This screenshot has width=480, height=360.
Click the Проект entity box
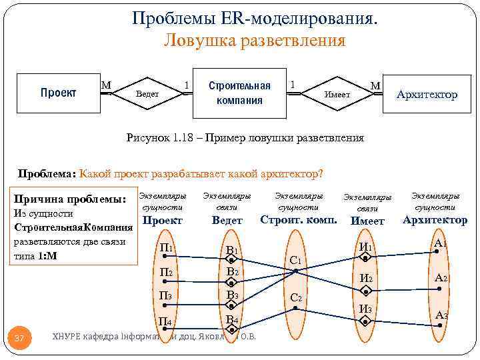pyautogui.click(x=59, y=93)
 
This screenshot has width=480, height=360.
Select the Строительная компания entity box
pyautogui.click(x=239, y=93)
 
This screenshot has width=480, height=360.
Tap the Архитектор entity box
pyautogui.click(x=427, y=95)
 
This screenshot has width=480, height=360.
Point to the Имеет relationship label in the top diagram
pyautogui.click(x=337, y=95)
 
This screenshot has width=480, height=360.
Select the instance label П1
pyautogui.click(x=167, y=249)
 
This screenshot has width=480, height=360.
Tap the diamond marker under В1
pyautogui.click(x=232, y=260)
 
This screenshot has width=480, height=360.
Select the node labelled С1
pyautogui.click(x=297, y=259)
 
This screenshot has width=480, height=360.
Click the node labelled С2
pyautogui.click(x=297, y=297)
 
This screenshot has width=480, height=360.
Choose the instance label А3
pyautogui.click(x=441, y=315)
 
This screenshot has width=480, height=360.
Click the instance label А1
pyautogui.click(x=439, y=243)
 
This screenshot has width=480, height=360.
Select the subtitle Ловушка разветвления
pyautogui.click(x=255, y=41)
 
